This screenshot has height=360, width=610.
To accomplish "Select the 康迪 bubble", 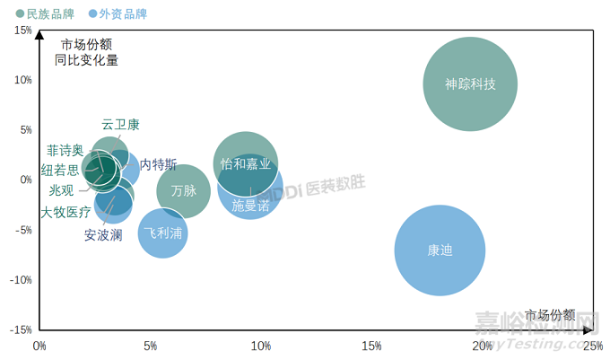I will coord(440,250).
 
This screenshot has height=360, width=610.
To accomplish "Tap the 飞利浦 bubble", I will coord(162,233).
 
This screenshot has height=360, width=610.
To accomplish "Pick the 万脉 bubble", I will coord(183,190).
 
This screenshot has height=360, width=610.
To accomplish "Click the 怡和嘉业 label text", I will coord(245,164).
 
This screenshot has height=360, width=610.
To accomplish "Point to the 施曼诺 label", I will coord(250,205).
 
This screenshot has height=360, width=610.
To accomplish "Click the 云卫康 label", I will coord(120,125).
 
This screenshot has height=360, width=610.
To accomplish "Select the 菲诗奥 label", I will coord(65,150).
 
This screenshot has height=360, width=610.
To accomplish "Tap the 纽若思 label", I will coord(60,171).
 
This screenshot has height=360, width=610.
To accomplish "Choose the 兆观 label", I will coord(62,191).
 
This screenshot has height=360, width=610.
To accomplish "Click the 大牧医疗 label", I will coord(65,212).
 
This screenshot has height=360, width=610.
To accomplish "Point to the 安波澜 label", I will coord(103,235).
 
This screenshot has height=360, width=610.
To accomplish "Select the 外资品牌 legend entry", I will coord(118,13).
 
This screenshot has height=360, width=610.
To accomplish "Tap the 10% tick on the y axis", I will coord(22,80).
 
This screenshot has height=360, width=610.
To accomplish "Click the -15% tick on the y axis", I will coord(20,329).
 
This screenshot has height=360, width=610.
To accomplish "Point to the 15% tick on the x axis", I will coord(371,346).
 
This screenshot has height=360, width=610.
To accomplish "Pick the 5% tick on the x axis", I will coord(150,346).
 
